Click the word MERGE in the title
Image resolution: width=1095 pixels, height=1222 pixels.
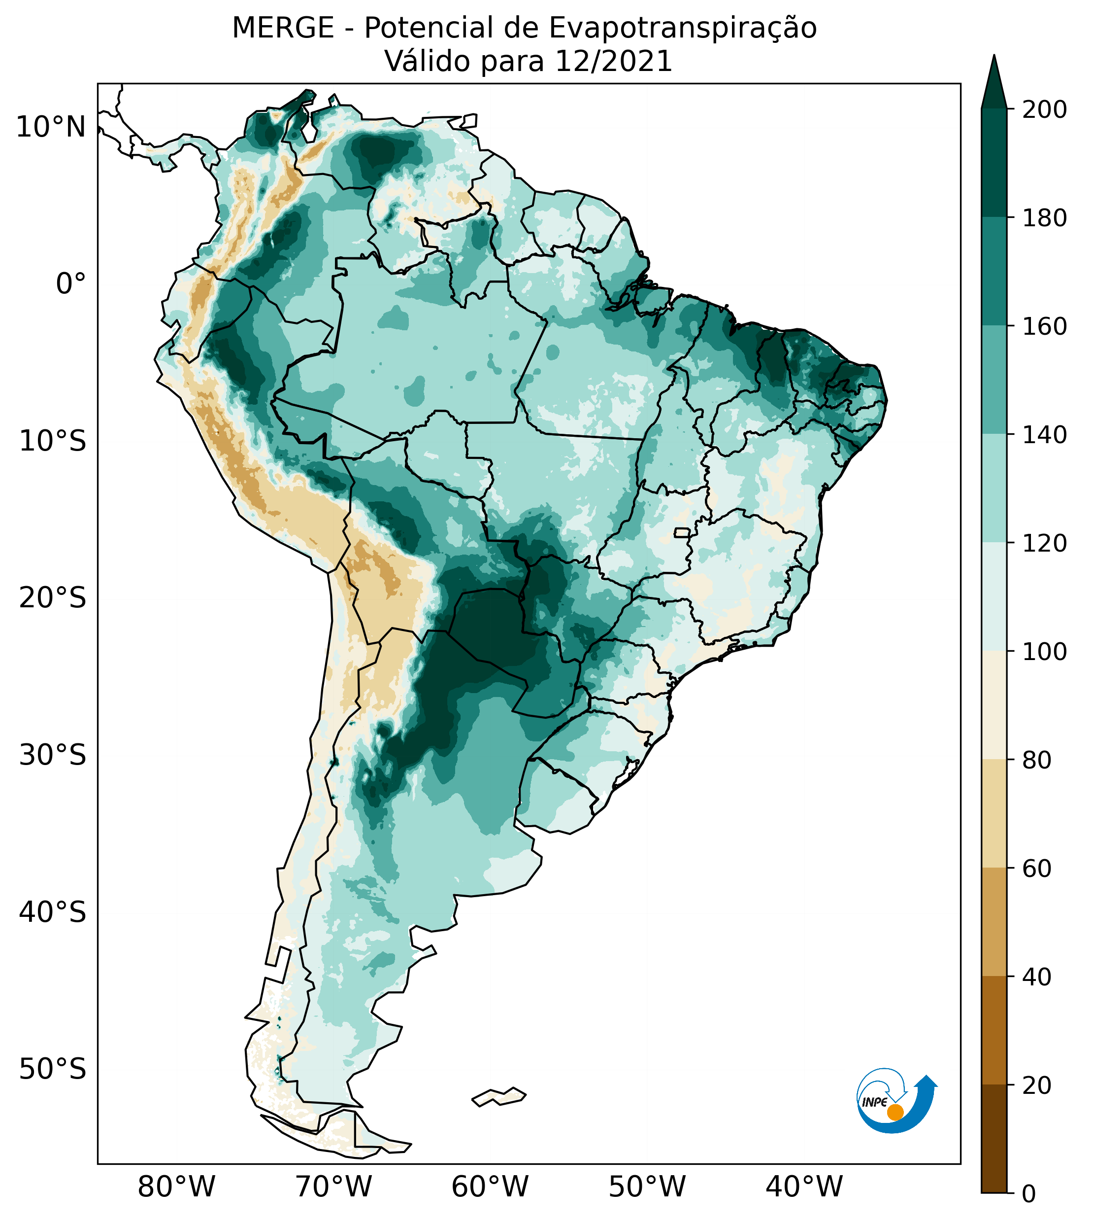(283, 28)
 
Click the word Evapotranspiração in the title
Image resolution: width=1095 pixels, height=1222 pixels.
(683, 28)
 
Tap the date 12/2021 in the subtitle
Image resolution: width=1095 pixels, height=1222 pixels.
(613, 62)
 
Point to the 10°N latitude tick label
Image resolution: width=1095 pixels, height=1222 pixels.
(51, 128)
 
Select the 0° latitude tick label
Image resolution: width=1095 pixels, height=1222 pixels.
(71, 284)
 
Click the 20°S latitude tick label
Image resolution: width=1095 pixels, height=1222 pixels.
(52, 598)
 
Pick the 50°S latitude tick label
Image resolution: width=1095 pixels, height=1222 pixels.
(52, 1070)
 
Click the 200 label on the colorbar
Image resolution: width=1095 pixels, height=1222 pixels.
(1045, 110)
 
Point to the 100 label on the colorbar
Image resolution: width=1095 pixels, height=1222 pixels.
(1045, 651)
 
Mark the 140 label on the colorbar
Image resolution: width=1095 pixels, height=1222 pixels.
(1045, 435)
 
